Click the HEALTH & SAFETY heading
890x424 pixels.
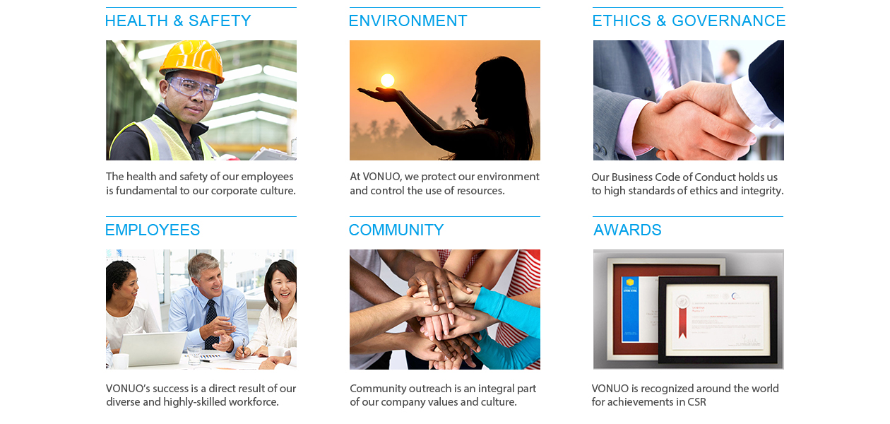(x=178, y=20)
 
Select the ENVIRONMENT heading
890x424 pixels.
(x=408, y=20)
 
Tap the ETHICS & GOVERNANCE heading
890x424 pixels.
(x=689, y=20)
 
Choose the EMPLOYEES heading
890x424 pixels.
(x=153, y=230)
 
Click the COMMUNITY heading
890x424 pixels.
(x=396, y=230)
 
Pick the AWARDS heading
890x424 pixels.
(x=627, y=230)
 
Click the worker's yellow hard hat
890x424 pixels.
(x=192, y=59)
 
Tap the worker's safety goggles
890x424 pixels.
(x=194, y=88)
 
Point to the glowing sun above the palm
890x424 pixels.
(x=387, y=81)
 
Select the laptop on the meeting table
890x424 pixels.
(x=153, y=349)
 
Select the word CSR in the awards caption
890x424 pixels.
(x=696, y=402)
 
